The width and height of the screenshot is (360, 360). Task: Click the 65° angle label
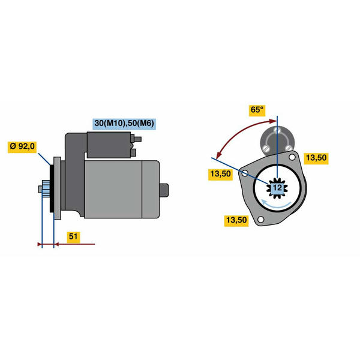click(x=257, y=110)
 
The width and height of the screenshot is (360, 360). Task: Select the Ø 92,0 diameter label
click(x=22, y=146)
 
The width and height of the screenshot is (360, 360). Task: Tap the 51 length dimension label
click(x=73, y=236)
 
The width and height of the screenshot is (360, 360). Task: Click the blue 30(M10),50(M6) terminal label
click(x=124, y=124)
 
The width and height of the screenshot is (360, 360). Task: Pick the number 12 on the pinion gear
click(x=277, y=188)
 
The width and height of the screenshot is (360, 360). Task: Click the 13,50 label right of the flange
click(x=316, y=158)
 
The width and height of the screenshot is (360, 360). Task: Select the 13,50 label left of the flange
click(x=220, y=174)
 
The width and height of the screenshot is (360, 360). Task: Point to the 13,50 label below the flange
click(x=236, y=220)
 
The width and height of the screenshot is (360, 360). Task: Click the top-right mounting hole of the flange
click(x=292, y=157)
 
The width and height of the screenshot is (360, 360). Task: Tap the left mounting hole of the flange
click(x=245, y=173)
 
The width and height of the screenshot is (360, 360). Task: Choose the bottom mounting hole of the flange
click(x=260, y=220)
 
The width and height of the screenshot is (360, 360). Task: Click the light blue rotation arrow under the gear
click(x=277, y=204)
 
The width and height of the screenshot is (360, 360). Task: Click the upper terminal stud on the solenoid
click(x=136, y=139)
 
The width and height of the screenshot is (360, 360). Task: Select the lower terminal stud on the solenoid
click(x=133, y=152)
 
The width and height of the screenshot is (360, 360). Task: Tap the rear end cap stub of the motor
click(x=164, y=190)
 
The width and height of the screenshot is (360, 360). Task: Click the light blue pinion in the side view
click(x=46, y=189)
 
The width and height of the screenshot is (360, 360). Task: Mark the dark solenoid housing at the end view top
click(x=277, y=140)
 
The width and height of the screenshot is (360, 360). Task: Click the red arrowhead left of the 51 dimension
click(x=40, y=244)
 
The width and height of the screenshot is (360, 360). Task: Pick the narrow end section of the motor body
click(x=151, y=190)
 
